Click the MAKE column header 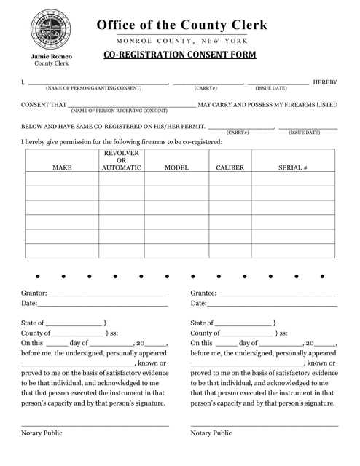tap(63, 167)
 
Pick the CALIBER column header tap(230, 167)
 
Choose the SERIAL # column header tap(293, 167)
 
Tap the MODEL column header tap(176, 167)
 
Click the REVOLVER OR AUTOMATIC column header tap(121, 161)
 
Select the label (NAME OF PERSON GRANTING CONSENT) tap(93, 89)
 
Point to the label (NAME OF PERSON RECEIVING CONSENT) tap(120, 111)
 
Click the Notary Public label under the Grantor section tap(42, 433)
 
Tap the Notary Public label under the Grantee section tap(211, 433)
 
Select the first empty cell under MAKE tap(63, 179)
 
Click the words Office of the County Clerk tap(183, 25)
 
